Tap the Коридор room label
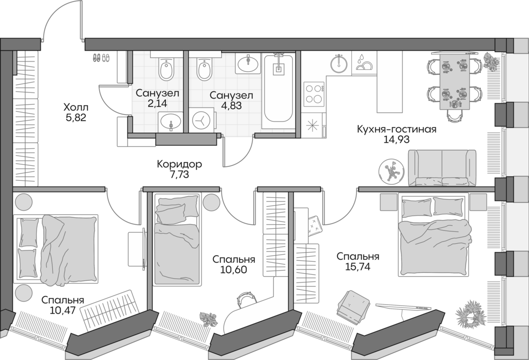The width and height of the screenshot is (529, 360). (180, 164)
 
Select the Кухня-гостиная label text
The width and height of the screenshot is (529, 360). (397, 129)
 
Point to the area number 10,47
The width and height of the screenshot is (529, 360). (63, 310)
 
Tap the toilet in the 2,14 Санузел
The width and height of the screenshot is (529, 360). (167, 70)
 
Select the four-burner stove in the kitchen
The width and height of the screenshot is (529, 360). (313, 94)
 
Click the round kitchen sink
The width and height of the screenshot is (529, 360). (339, 64)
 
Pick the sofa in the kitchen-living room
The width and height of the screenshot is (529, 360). (442, 167)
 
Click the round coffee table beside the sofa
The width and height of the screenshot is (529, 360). (391, 171)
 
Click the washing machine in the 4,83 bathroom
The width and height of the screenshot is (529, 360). (199, 120)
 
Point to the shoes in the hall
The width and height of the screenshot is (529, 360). (101, 58)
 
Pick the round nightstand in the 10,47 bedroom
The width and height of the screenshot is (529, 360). (23, 293)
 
